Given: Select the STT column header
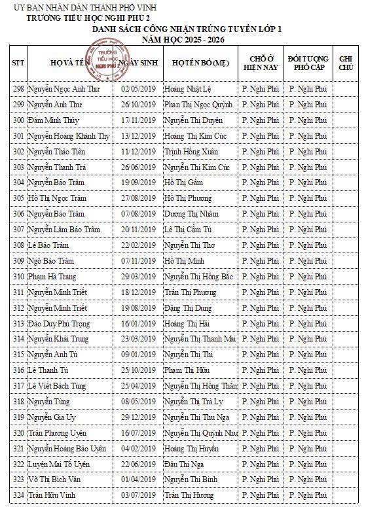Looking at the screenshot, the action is pyautogui.click(x=18, y=63).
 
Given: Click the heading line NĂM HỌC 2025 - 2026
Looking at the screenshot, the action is pyautogui.click(x=187, y=40).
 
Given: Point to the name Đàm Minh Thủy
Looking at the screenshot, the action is pyautogui.click(x=53, y=120).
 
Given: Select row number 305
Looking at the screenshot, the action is pyautogui.click(x=18, y=198).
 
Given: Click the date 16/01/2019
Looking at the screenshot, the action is pyautogui.click(x=139, y=324).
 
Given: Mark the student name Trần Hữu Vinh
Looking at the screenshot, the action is pyautogui.click(x=52, y=496).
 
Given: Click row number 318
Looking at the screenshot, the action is pyautogui.click(x=18, y=402).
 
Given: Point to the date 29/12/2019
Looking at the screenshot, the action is pyautogui.click(x=139, y=417).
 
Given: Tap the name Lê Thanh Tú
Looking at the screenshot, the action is pyautogui.click(x=49, y=370).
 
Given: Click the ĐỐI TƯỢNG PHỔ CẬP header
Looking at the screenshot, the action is pyautogui.click(x=308, y=63).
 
